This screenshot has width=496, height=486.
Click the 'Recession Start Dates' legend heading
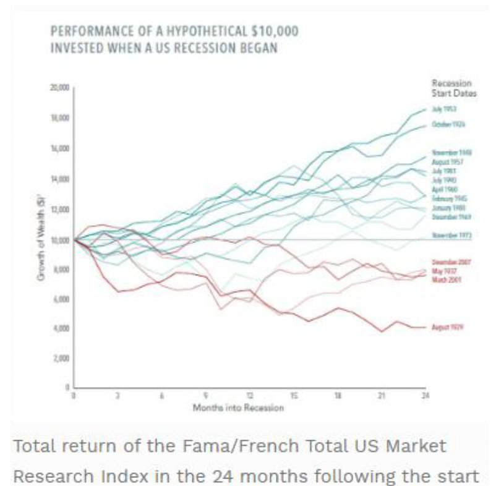point(451,87)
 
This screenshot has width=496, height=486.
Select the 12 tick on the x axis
point(250,395)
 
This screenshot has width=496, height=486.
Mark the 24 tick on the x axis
point(425,395)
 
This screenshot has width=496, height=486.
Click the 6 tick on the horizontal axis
point(161,395)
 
